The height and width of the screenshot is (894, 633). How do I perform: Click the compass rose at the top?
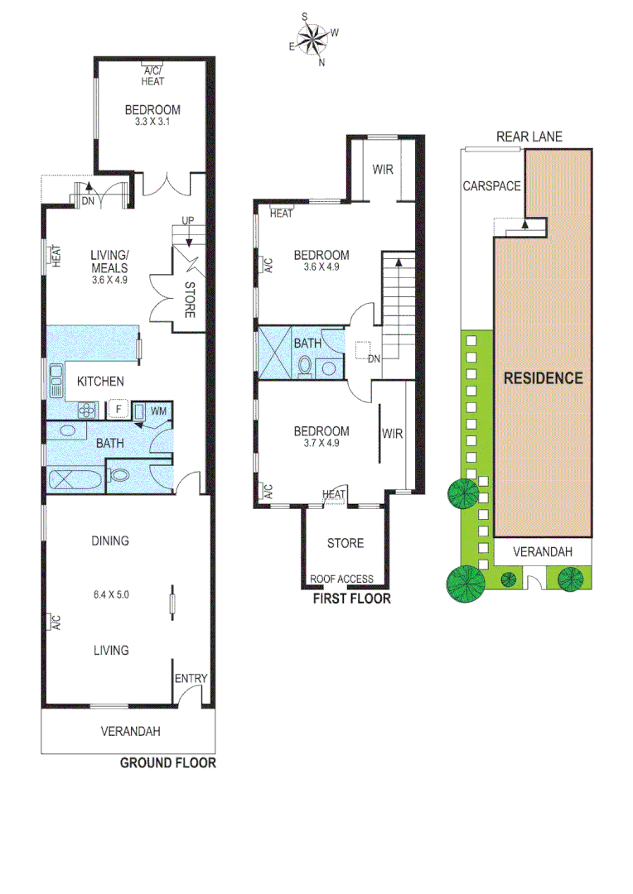[x=313, y=37]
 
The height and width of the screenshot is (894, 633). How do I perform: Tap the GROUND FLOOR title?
[x=167, y=763]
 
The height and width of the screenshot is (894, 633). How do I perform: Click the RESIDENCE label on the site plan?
[x=544, y=378]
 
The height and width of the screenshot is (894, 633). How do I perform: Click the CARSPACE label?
[x=491, y=185]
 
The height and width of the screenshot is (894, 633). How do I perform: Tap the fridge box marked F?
[x=118, y=408]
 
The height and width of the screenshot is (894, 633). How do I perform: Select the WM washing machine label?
[x=157, y=410]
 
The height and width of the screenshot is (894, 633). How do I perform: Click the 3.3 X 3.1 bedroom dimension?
[x=152, y=122]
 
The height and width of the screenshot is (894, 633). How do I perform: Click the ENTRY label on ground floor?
[x=191, y=679]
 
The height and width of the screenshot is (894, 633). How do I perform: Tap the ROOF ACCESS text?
[x=341, y=579]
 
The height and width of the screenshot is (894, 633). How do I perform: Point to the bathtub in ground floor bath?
[x=75, y=478]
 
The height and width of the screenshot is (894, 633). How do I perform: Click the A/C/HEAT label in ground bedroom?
[x=152, y=76]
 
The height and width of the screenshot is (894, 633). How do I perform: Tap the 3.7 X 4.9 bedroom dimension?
[x=322, y=443]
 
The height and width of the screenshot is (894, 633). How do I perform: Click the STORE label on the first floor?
[x=345, y=543]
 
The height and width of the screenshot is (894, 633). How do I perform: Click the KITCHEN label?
[x=100, y=381]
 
